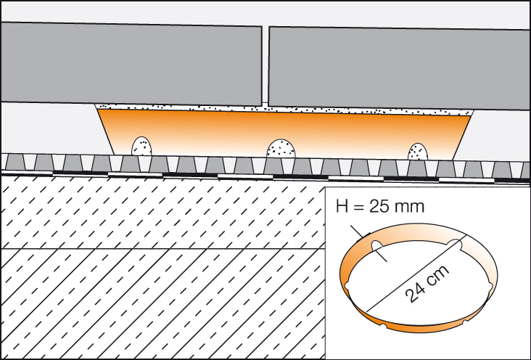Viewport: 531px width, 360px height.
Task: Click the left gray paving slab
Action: [131, 64]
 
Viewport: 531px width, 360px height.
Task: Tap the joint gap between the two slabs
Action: [265, 65]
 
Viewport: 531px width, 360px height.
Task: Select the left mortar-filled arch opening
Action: [141, 147]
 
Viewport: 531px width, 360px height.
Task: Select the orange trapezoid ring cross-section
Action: [283, 131]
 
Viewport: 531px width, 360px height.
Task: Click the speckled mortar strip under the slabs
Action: [283, 109]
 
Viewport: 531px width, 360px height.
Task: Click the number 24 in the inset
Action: [416, 292]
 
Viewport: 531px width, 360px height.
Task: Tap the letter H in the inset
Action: [342, 208]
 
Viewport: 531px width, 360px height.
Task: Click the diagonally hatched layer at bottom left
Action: [145, 305]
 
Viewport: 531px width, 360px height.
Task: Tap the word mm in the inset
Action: [411, 208]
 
